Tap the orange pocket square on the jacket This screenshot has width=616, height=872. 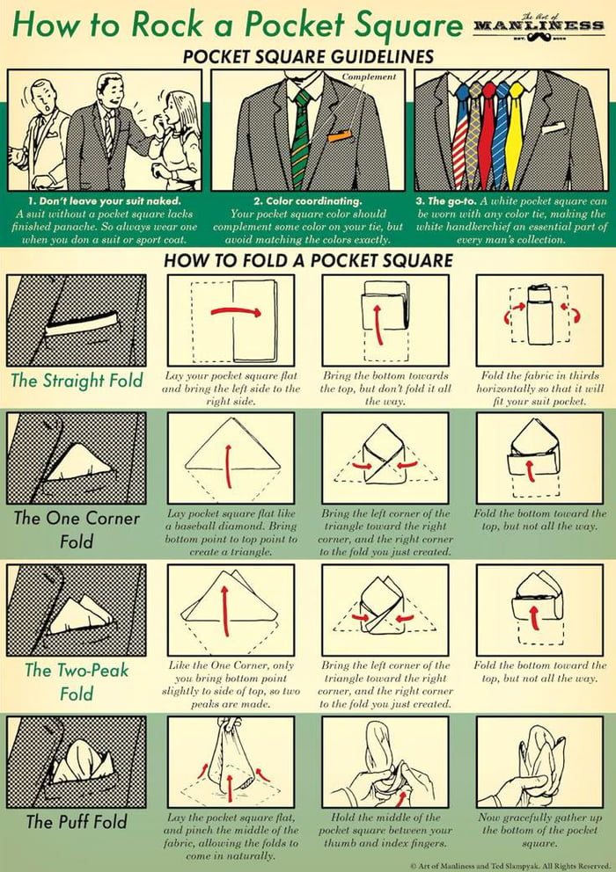click(339, 136)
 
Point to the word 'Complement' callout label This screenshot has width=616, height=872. click(369, 76)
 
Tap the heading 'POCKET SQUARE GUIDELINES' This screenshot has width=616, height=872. click(308, 57)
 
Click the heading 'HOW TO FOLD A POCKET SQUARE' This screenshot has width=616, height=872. click(308, 260)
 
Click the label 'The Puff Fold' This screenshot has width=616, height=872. click(77, 822)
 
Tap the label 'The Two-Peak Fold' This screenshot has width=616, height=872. click(77, 681)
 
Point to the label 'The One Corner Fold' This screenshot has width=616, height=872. click(77, 528)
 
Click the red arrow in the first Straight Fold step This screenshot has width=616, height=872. click(236, 311)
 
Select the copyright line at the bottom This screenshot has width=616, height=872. click(510, 865)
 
